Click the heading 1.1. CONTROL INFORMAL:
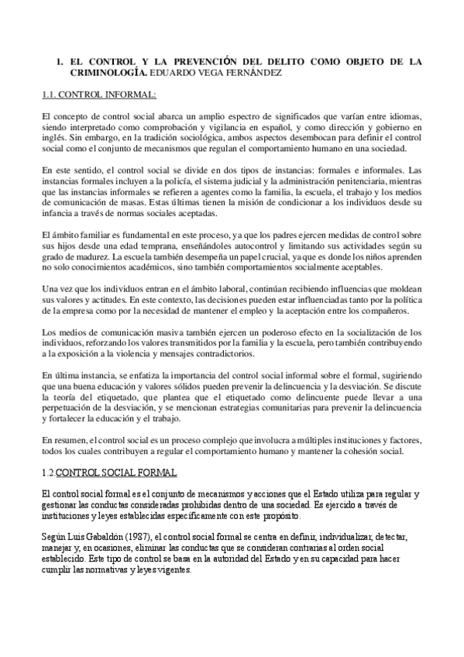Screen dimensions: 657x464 (x=98, y=95)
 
